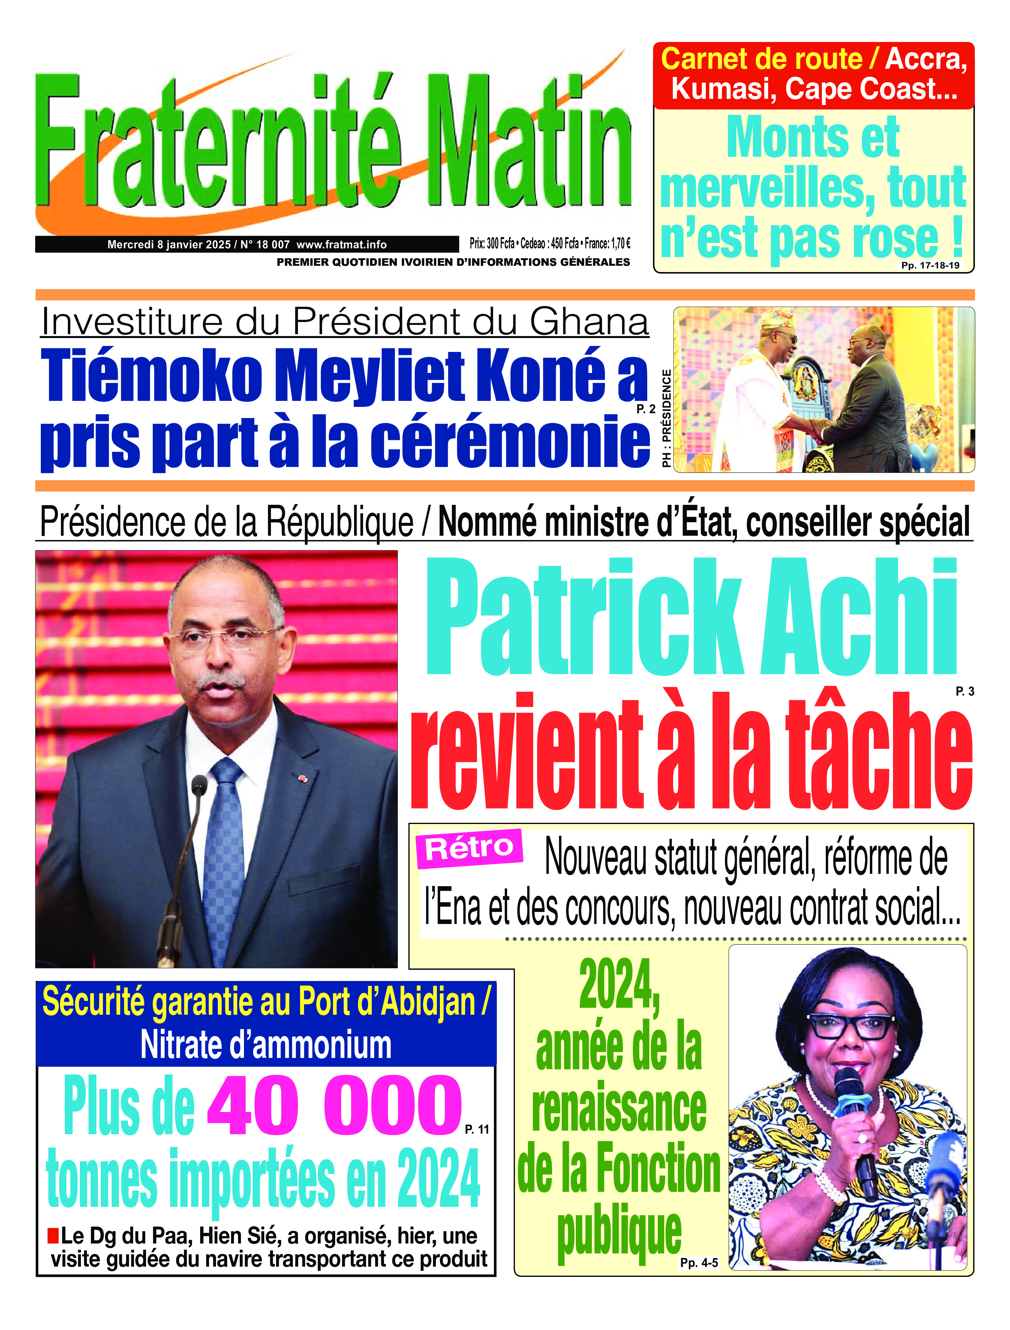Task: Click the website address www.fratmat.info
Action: [341, 244]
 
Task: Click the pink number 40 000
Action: [334, 1106]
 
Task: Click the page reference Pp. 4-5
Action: [699, 1263]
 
